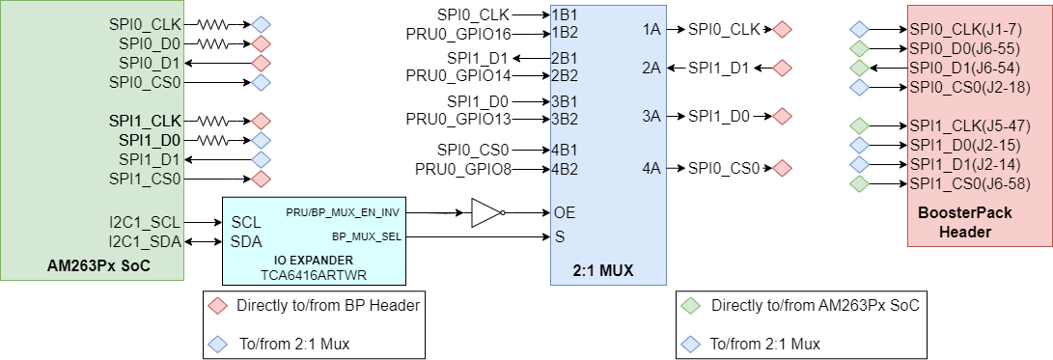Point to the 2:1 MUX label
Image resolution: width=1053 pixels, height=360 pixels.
[x=608, y=270]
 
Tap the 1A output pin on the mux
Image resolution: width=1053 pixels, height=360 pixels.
[x=651, y=29]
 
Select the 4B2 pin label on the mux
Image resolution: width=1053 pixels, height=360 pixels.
[x=564, y=169]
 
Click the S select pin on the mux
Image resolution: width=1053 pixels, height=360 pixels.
[x=558, y=236]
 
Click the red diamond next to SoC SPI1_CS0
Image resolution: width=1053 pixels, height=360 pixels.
[x=261, y=179]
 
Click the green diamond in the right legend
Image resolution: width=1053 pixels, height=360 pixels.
[x=691, y=306]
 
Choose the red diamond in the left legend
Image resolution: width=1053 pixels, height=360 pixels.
[x=217, y=306]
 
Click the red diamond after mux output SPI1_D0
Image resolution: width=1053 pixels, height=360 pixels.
[x=782, y=116]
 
